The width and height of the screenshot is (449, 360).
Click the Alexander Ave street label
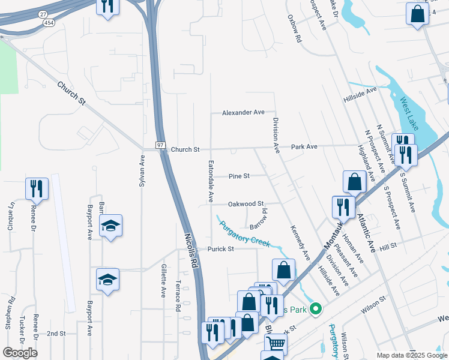coord(243,112)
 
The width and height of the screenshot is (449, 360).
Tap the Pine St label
coord(239,176)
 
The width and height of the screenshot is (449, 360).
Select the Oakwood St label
coord(246,204)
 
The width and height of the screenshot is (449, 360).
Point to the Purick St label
coord(220,249)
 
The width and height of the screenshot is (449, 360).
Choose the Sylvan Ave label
coord(142,171)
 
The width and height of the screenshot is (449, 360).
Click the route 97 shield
coord(160,146)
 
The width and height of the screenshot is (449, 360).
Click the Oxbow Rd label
coord(294,28)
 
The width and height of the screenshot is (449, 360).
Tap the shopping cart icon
coord(276,344)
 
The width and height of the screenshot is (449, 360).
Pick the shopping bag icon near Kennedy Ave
coord(283,269)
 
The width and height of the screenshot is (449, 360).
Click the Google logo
coord(20,353)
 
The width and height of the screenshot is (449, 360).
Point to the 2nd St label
coord(56,333)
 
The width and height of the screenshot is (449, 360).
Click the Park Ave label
coord(304,146)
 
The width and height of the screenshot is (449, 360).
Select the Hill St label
coord(388,247)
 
